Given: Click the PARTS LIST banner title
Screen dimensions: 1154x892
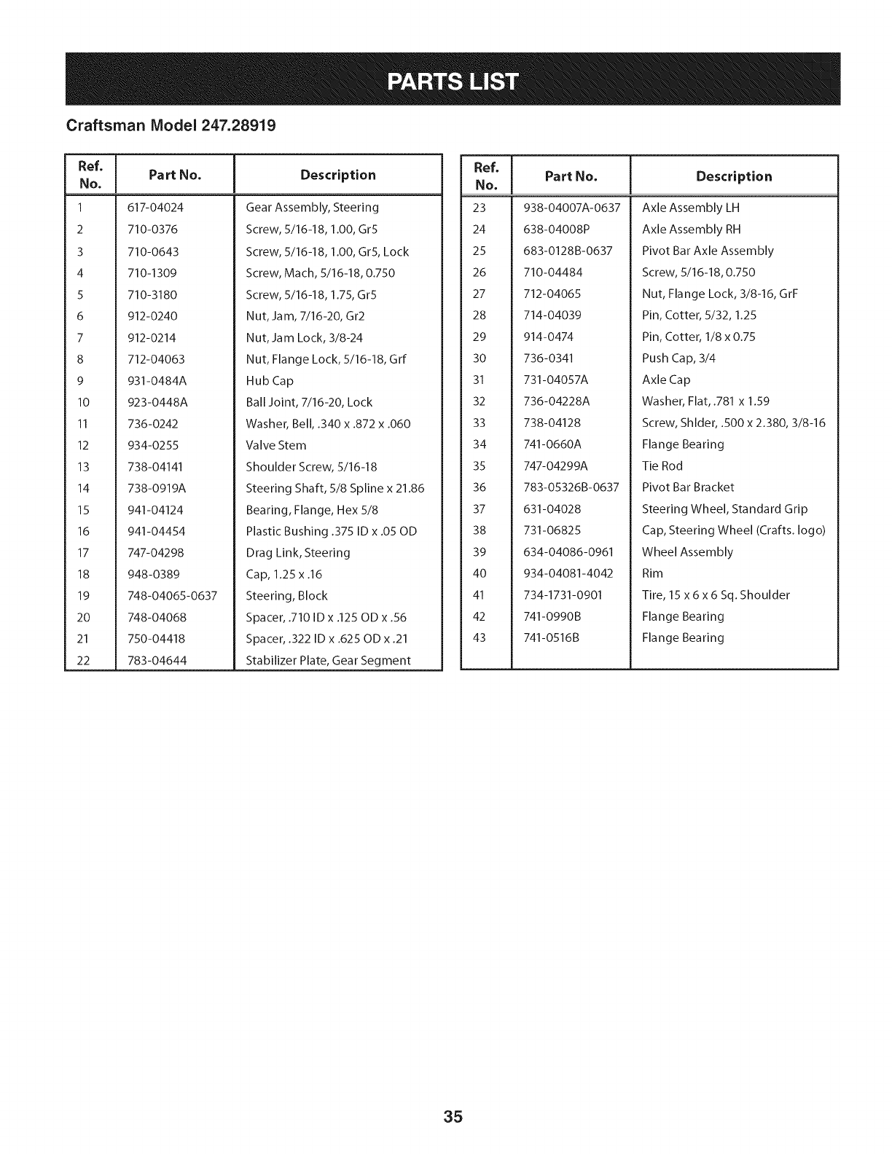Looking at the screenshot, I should [x=453, y=80].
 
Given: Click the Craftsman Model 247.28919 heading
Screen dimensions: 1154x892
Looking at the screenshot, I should [x=171, y=125].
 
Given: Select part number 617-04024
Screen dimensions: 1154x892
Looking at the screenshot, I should [x=155, y=208].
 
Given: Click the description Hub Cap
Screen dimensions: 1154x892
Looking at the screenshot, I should [x=270, y=381].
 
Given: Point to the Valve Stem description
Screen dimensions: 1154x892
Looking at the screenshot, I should [x=276, y=445].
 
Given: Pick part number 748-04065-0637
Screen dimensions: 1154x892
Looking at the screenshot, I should [x=172, y=596].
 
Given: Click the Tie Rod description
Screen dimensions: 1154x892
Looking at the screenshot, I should [x=662, y=466].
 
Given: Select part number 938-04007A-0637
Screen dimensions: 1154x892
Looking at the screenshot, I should [x=571, y=208].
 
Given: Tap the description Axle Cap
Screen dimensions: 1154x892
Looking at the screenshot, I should [x=666, y=380].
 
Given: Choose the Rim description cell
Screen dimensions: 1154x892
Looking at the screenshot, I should [x=652, y=574].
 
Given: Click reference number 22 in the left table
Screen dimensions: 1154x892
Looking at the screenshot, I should [x=83, y=661].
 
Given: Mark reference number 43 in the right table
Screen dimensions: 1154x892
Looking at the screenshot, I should [x=479, y=638].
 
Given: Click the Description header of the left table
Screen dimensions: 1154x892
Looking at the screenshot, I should [x=337, y=175].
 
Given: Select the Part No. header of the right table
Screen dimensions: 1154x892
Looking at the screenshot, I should [x=571, y=176].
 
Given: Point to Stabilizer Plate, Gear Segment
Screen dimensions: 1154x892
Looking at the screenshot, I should [x=328, y=661].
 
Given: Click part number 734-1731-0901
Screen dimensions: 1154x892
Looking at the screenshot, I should [x=563, y=595].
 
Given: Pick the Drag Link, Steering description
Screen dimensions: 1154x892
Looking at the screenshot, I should [x=298, y=553].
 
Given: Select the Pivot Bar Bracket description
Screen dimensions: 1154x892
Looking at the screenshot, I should [x=687, y=487].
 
